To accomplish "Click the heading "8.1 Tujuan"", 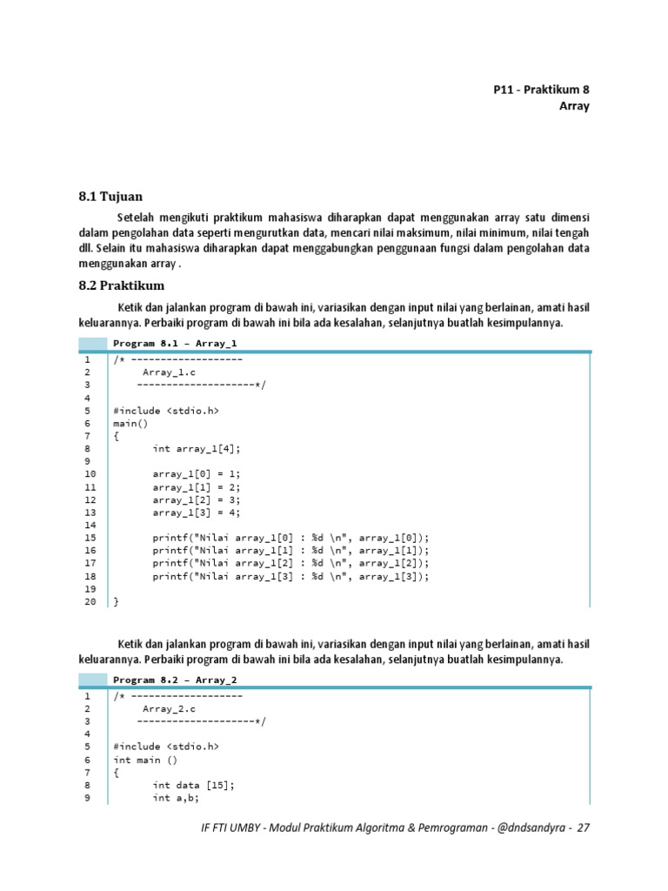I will (x=110, y=197).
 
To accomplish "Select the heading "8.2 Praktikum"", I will (x=121, y=285).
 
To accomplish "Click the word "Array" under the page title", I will (x=574, y=106).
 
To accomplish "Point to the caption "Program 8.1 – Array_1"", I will (x=175, y=344).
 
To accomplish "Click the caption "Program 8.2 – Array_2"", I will (x=175, y=680).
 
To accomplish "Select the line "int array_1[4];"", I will (x=196, y=448).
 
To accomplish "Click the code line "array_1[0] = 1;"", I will (x=196, y=473).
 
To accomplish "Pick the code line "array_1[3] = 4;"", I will (x=196, y=512).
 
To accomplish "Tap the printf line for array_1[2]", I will (x=291, y=563).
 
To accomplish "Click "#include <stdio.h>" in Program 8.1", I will (x=165, y=410).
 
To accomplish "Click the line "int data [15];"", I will (x=193, y=784).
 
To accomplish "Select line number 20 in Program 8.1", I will (x=90, y=601).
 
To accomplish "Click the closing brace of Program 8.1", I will (x=116, y=601).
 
